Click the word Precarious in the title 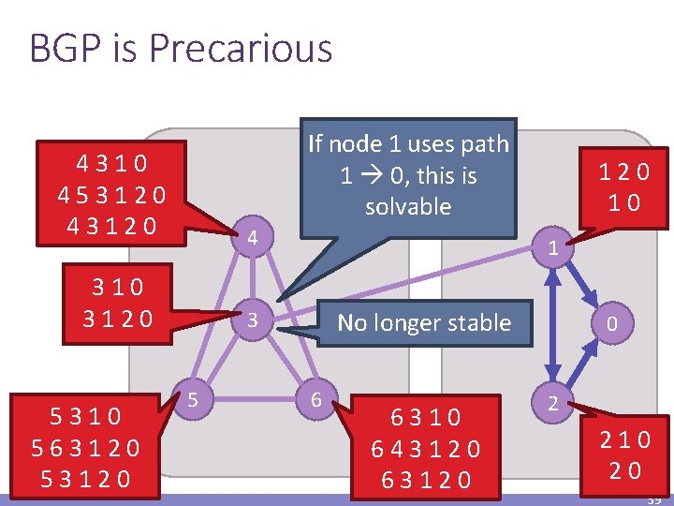(253, 48)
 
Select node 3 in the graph (250, 320)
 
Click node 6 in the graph (317, 400)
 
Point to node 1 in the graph (554, 249)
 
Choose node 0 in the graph (610, 323)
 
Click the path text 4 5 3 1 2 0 (111, 195)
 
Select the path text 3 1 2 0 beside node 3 (117, 319)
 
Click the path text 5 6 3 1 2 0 (85, 448)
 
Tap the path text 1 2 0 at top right (624, 171)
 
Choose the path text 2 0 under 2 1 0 (623, 470)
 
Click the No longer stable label (424, 323)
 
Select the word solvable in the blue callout (408, 206)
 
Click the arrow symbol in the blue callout (357, 175)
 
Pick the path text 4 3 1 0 (111, 163)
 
